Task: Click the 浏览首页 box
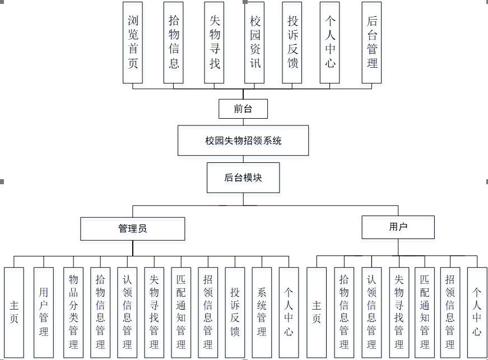click(133, 43)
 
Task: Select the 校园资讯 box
click(255, 43)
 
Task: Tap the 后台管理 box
click(372, 43)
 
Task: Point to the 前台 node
click(243, 109)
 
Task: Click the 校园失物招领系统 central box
click(243, 141)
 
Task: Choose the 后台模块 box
click(243, 178)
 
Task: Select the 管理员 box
click(133, 228)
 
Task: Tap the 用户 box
click(398, 227)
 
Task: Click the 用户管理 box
click(44, 312)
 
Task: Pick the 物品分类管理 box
click(73, 312)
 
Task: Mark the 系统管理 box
click(262, 312)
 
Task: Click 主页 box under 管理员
click(14, 312)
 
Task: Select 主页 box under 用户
click(317, 312)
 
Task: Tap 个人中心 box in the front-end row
click(330, 43)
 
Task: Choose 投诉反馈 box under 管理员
click(235, 312)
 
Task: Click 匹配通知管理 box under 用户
click(425, 312)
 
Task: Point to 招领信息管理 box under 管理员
click(208, 312)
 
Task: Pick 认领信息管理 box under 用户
click(371, 312)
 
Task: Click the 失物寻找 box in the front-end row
click(215, 43)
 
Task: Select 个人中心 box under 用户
click(477, 312)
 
